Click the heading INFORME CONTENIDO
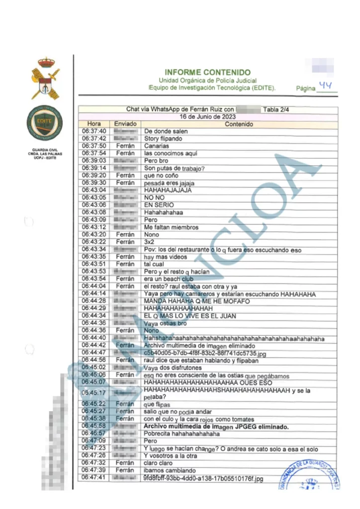[207, 72]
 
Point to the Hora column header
[94, 124]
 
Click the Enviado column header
[125, 124]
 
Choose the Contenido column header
[239, 124]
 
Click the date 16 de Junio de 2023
[207, 116]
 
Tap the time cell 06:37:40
[94, 131]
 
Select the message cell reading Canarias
[157, 146]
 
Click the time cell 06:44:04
[94, 286]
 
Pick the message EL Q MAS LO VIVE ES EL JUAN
[197, 316]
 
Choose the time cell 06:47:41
[94, 478]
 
